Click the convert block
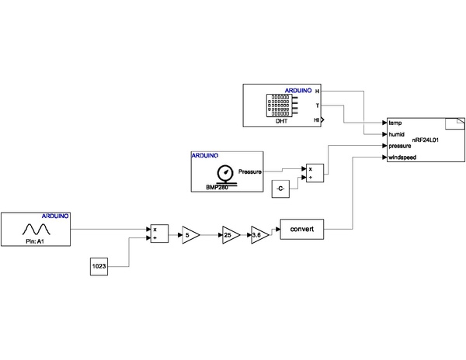point(301,230)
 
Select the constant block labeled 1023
point(99,267)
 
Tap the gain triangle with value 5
point(190,234)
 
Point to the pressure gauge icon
point(224,172)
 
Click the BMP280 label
point(217,187)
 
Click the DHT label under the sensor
point(282,122)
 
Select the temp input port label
point(395,123)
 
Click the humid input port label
point(397,133)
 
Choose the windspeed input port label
point(402,157)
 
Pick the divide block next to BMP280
point(314,172)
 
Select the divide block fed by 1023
point(158,234)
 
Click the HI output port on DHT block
point(317,120)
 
